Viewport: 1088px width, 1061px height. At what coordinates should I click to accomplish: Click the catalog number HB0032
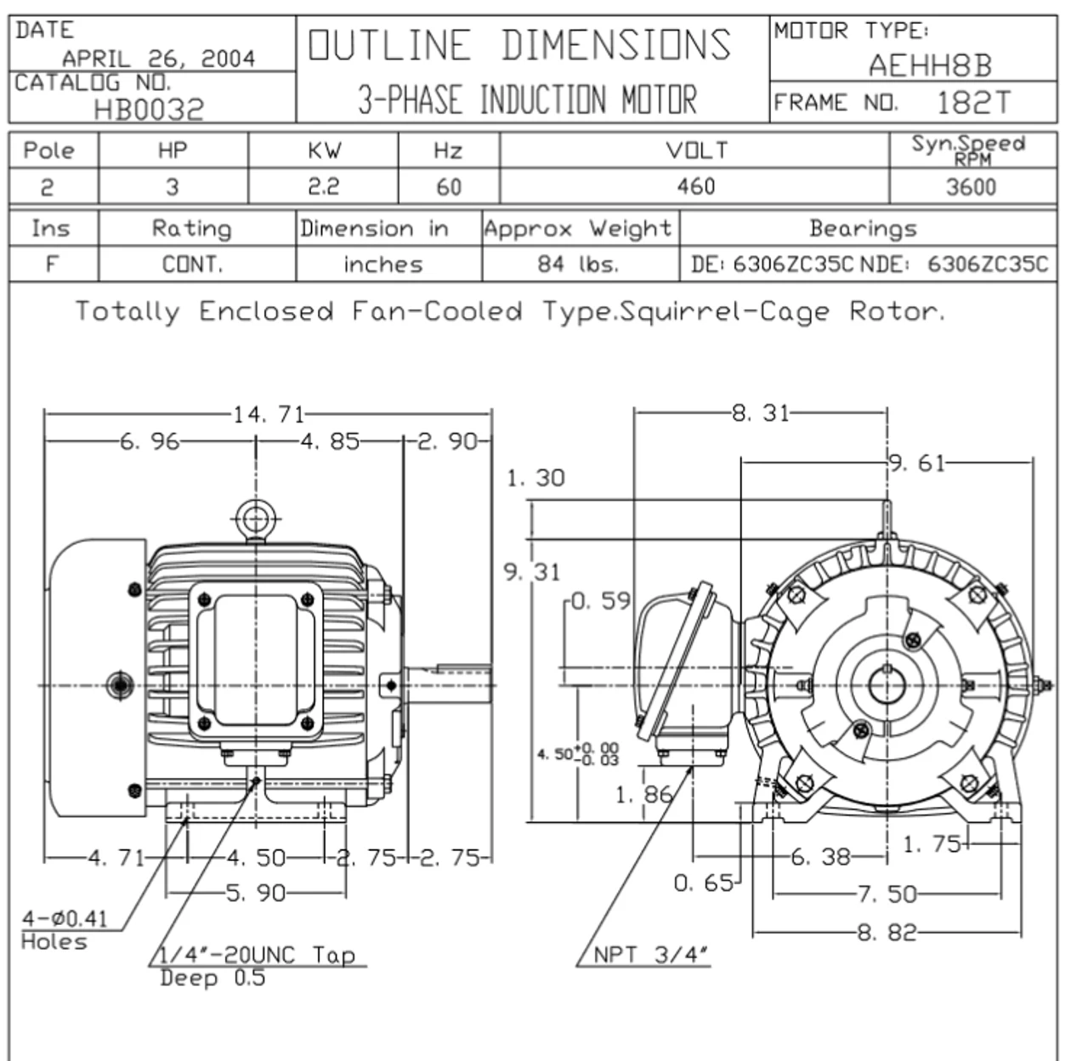point(149,109)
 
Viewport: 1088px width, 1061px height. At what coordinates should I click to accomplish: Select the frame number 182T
point(974,103)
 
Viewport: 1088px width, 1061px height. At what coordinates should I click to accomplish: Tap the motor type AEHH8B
point(929,65)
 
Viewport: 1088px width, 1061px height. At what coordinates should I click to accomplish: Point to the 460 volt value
point(695,186)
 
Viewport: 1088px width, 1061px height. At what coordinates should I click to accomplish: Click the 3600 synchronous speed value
point(971,187)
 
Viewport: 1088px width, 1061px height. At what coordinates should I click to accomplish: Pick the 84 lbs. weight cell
point(578,264)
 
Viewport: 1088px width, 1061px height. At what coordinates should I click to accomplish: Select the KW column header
point(324,150)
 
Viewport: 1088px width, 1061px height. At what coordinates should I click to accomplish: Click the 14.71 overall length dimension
point(268,414)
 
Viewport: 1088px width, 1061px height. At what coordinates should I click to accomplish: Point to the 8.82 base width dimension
point(887,933)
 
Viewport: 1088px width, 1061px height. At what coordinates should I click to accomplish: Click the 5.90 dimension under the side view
point(256,893)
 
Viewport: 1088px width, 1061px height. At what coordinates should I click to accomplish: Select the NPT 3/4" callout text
point(650,955)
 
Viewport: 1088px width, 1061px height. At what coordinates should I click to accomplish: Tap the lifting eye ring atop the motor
point(252,518)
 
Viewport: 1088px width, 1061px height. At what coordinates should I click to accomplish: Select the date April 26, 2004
point(158,58)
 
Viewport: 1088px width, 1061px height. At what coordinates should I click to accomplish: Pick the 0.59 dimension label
point(600,601)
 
